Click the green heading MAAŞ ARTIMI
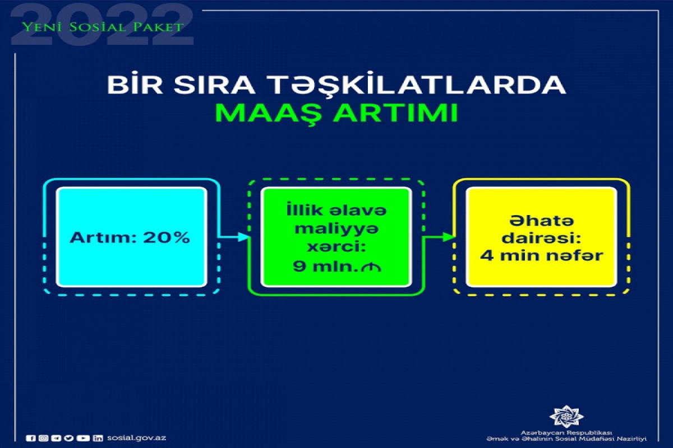(x=336, y=112)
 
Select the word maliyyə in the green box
(x=336, y=229)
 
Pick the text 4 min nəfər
(x=541, y=256)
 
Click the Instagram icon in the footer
(x=43, y=438)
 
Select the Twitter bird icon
(x=69, y=438)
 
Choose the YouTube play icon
(x=83, y=438)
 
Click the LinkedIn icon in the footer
(x=98, y=438)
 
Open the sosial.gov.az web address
(x=136, y=438)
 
